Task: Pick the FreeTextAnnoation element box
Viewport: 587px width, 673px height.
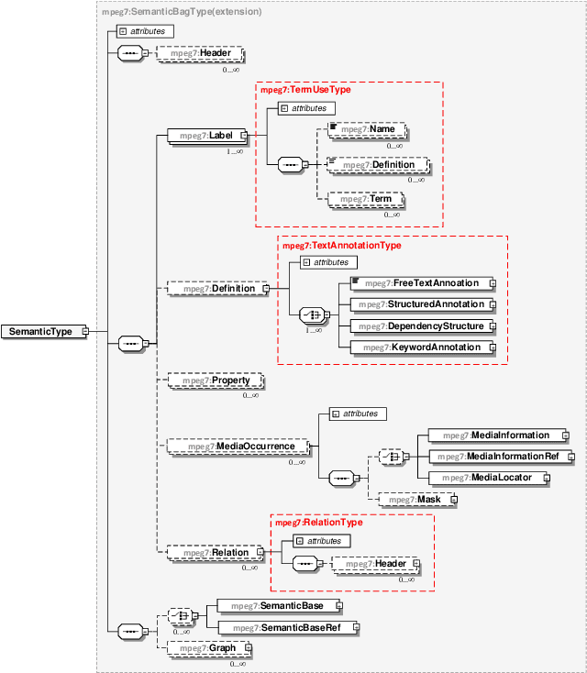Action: pyautogui.click(x=419, y=283)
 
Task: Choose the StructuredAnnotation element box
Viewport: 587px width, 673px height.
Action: pyautogui.click(x=419, y=303)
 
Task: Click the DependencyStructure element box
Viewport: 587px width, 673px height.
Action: pyautogui.click(x=419, y=325)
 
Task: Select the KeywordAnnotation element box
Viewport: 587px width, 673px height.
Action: pyautogui.click(x=419, y=348)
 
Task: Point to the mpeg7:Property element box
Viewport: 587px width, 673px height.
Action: pyautogui.click(x=215, y=380)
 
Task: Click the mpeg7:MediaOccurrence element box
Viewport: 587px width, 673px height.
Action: pyautogui.click(x=237, y=447)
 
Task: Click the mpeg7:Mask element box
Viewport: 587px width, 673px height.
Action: pyautogui.click(x=414, y=500)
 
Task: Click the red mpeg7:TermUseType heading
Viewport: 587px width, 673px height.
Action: pyautogui.click(x=305, y=90)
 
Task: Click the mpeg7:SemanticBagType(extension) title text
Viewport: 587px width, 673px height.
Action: pyautogui.click(x=182, y=12)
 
